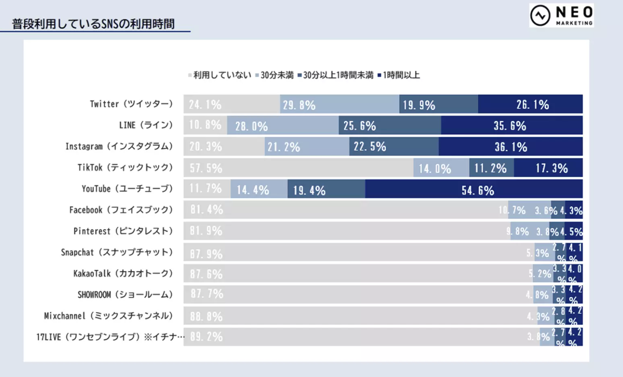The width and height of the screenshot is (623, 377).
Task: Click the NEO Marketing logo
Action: click(x=561, y=15)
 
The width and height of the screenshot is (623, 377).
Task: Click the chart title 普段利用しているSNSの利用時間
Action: click(x=93, y=24)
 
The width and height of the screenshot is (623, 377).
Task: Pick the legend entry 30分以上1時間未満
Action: click(x=338, y=75)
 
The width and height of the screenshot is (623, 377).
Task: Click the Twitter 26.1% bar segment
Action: click(x=530, y=104)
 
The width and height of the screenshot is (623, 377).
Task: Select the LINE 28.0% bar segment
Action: click(x=282, y=125)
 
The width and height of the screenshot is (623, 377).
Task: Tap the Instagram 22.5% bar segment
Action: click(x=393, y=147)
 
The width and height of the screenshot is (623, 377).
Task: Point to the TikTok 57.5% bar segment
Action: click(x=298, y=168)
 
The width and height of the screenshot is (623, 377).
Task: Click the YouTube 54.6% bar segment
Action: click(x=474, y=189)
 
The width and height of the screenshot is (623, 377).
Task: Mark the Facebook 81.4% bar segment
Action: click(x=346, y=210)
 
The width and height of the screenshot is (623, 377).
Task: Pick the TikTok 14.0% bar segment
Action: click(x=441, y=168)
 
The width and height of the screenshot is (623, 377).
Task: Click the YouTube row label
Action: click(x=127, y=189)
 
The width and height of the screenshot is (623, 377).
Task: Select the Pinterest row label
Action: click(x=123, y=231)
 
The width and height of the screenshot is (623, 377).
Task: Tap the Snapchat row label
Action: click(x=116, y=252)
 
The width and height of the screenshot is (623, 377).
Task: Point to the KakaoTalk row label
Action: click(x=123, y=273)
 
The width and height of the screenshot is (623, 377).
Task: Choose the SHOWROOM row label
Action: click(x=125, y=295)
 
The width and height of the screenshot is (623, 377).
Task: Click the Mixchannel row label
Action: click(x=108, y=316)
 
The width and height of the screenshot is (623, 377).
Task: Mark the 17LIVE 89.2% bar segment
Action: click(x=361, y=337)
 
